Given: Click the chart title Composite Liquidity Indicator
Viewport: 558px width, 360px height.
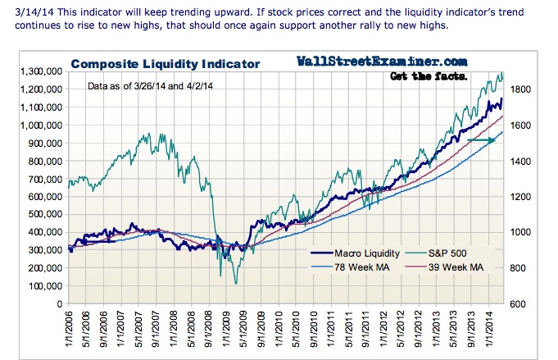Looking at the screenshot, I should coord(165,63).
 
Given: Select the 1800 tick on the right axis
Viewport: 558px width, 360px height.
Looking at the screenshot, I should coord(523,89).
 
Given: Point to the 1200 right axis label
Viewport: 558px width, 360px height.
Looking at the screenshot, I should coord(523,197).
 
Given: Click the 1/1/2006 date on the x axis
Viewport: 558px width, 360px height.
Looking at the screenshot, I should coord(70,332).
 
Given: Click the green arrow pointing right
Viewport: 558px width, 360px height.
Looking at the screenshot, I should coord(482,140).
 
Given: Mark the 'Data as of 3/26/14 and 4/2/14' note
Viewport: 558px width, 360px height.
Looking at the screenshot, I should coord(159,86).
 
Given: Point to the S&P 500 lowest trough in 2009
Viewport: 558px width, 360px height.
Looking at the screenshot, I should coord(236,284).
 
